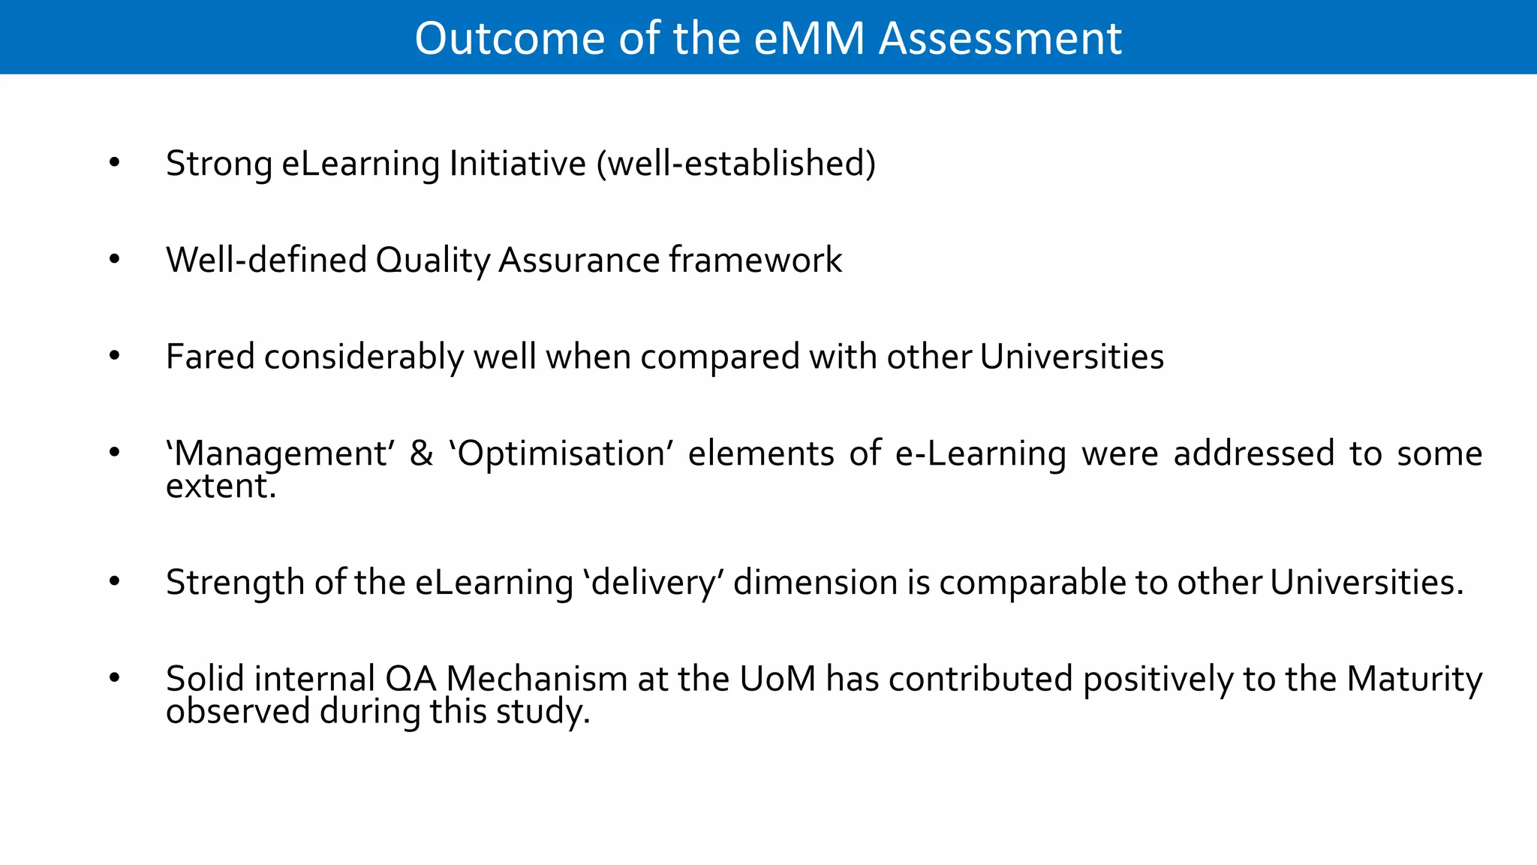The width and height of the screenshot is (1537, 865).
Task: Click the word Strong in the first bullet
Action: tap(218, 164)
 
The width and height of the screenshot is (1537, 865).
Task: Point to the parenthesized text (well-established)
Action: tap(736, 164)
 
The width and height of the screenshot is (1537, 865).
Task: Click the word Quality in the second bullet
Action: tap(432, 261)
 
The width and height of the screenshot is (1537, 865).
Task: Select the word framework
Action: tap(755, 261)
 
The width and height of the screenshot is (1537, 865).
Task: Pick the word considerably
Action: tap(364, 357)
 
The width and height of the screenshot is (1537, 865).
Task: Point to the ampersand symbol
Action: tap(422, 454)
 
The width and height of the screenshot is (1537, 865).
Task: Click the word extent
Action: tap(220, 487)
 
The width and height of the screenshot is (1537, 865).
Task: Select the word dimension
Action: tap(815, 583)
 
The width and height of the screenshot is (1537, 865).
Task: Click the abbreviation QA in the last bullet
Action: tap(411, 679)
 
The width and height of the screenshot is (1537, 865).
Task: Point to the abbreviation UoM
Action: tap(778, 679)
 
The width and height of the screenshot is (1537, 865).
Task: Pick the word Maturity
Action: tap(1415, 679)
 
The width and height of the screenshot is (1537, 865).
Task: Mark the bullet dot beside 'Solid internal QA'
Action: tap(114, 678)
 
